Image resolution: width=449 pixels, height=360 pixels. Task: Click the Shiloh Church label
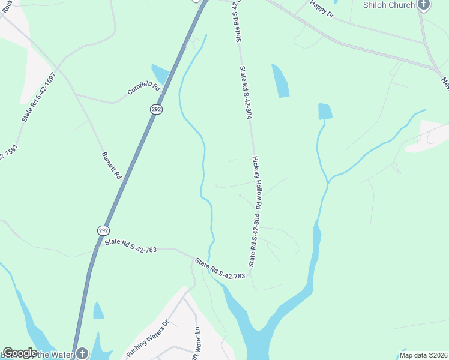click(x=388, y=5)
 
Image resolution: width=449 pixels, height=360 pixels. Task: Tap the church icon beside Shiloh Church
click(x=424, y=5)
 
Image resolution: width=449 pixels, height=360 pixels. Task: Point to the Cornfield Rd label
click(x=144, y=88)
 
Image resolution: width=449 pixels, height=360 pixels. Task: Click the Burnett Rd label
click(x=112, y=164)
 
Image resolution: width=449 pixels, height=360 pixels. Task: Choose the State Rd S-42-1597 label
click(x=39, y=97)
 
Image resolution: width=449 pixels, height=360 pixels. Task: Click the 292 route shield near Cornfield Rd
click(x=156, y=109)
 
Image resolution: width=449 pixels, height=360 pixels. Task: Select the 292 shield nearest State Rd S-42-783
click(x=103, y=230)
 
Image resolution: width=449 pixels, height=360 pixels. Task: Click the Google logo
click(x=20, y=353)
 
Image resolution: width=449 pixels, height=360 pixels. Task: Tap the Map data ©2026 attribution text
click(x=423, y=355)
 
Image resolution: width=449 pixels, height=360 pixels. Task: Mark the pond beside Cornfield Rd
click(x=161, y=74)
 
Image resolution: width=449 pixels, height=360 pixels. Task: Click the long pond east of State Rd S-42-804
click(x=280, y=81)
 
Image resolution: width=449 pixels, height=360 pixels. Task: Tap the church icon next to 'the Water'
click(x=82, y=353)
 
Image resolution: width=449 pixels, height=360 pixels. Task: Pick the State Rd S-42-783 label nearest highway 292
click(x=131, y=245)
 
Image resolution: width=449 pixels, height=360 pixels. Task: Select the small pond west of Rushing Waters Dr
click(x=98, y=311)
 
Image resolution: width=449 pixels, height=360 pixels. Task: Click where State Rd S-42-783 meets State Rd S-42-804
click(x=250, y=274)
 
